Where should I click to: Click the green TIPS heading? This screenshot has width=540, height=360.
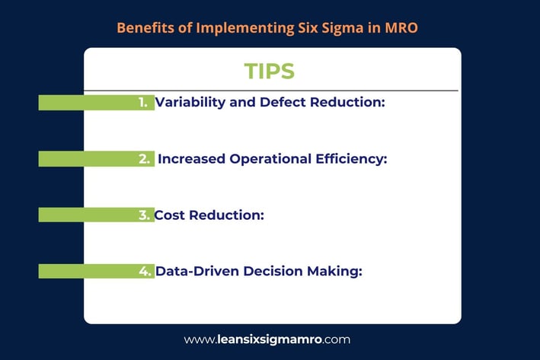pos(270,71)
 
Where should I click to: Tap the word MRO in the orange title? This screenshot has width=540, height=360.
pos(401,27)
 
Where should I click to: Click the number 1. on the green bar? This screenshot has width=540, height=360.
pos(143,102)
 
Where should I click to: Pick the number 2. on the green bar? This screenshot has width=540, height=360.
pos(144,158)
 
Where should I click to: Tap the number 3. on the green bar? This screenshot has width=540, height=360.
pos(144,215)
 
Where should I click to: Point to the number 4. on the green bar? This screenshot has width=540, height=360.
pos(145,271)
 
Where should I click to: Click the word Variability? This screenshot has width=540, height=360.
pos(190,102)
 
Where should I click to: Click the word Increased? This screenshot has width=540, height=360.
pos(191,158)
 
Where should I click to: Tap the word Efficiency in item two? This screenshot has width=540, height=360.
pos(351,159)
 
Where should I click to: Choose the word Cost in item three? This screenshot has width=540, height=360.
pos(169,215)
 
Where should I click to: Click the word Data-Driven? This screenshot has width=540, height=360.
pos(197,271)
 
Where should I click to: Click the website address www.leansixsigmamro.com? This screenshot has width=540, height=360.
pos(267,339)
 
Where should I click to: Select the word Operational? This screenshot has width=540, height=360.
pos(270,159)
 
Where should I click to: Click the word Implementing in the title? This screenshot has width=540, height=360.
pos(244,28)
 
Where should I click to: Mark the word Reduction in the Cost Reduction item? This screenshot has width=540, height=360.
pos(227,215)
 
